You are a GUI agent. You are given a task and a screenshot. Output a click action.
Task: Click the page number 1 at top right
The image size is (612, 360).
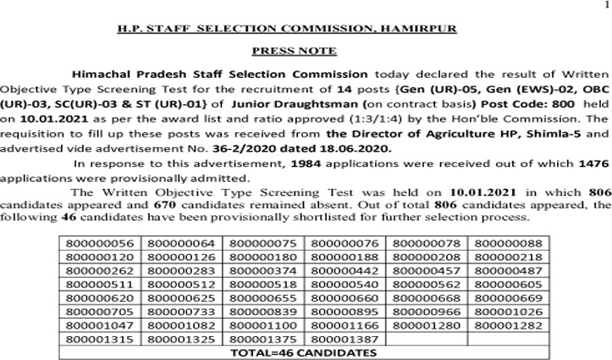point(606,6)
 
